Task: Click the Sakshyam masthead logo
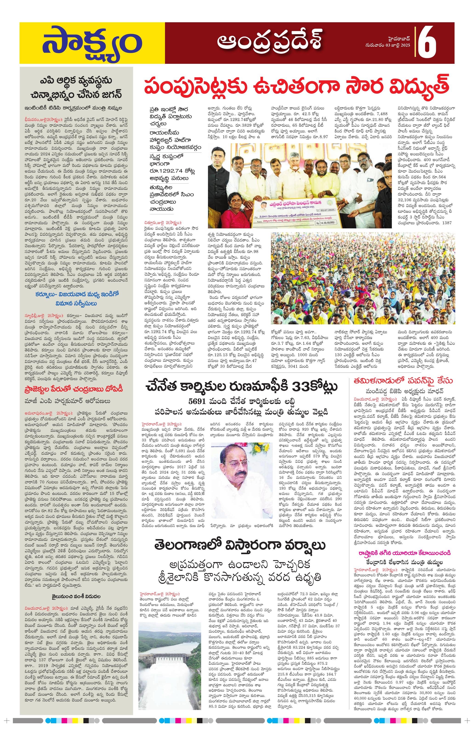92,43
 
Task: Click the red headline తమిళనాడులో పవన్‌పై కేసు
403,380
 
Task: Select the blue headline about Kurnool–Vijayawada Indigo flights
76,299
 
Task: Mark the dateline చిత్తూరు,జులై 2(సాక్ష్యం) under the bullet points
163,222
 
